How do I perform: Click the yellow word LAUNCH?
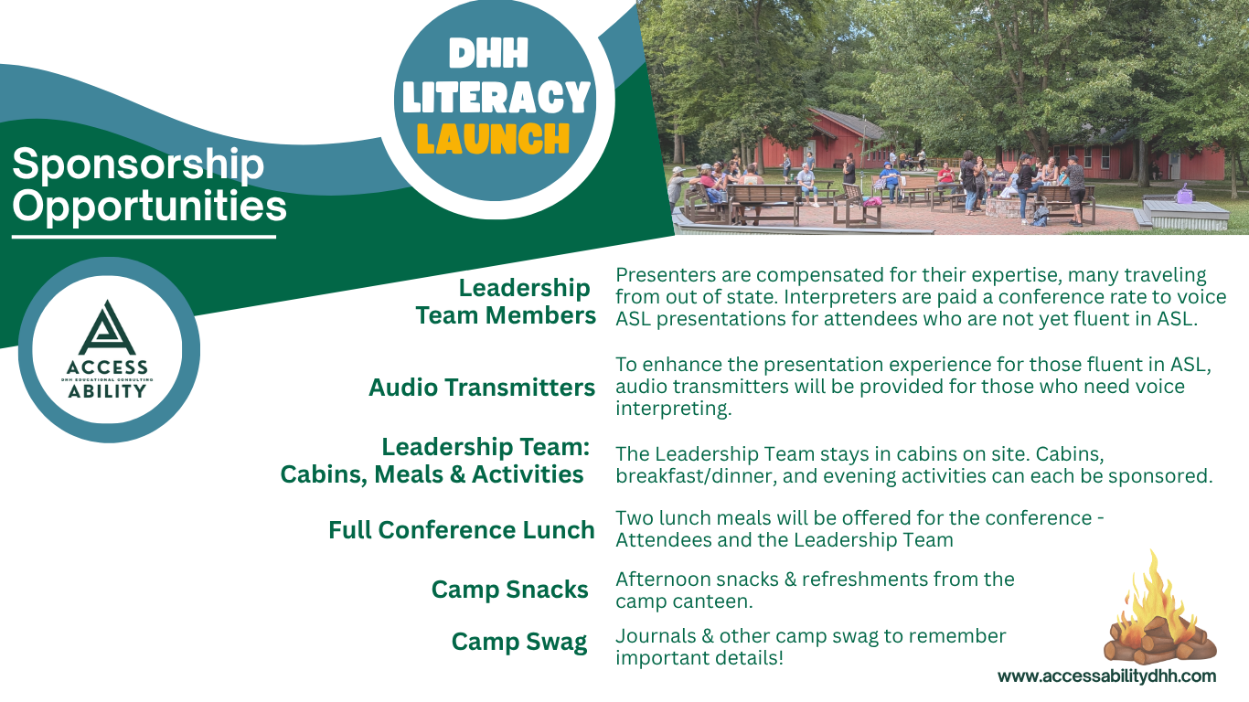493,139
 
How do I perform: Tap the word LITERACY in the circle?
496,98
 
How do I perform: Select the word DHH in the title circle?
488,54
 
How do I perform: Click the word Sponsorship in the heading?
138,165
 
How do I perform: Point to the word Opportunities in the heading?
149,207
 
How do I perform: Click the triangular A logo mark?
107,328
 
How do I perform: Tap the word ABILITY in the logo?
107,391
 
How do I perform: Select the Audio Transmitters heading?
482,388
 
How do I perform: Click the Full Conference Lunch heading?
461,530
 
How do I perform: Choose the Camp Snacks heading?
509,590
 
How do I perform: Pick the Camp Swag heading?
519,642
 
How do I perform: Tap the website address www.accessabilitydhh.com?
1106,676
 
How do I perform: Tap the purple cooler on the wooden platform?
1185,196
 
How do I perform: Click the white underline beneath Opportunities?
144,237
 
